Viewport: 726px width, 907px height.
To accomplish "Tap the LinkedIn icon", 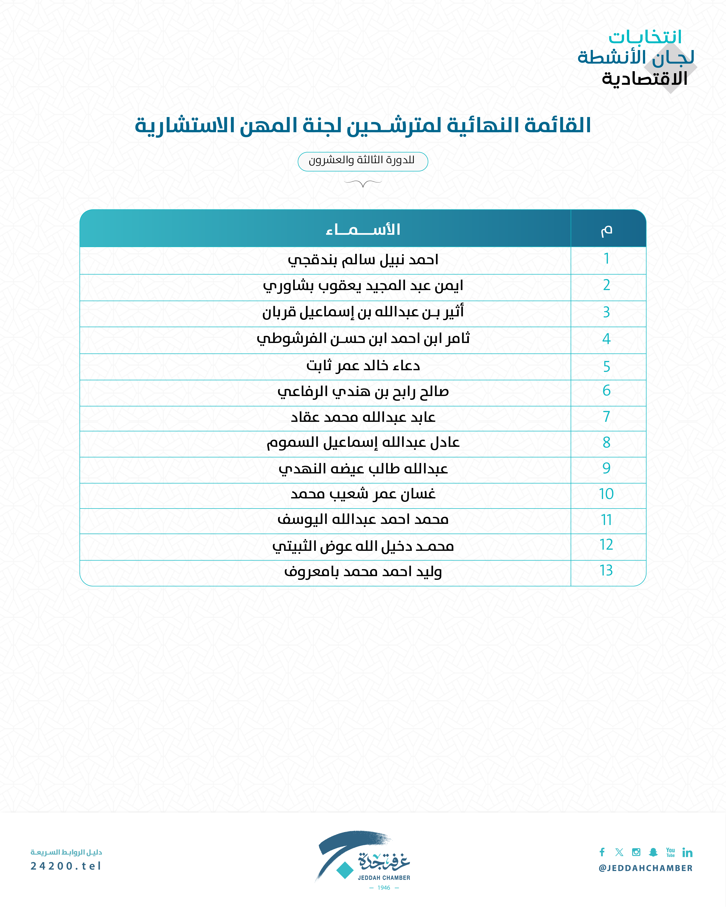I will click(x=687, y=852).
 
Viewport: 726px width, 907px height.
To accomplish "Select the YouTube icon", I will click(x=671, y=852).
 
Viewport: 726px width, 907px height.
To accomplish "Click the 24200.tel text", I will click(x=66, y=866).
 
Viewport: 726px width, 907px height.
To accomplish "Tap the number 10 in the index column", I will click(x=606, y=494).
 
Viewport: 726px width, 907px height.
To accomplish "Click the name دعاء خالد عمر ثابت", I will click(x=363, y=366).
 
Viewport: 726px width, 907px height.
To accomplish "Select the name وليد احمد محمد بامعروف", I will click(x=363, y=572).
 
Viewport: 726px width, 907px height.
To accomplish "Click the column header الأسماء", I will click(x=363, y=229).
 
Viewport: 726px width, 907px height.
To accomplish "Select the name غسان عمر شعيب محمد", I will click(x=363, y=494).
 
